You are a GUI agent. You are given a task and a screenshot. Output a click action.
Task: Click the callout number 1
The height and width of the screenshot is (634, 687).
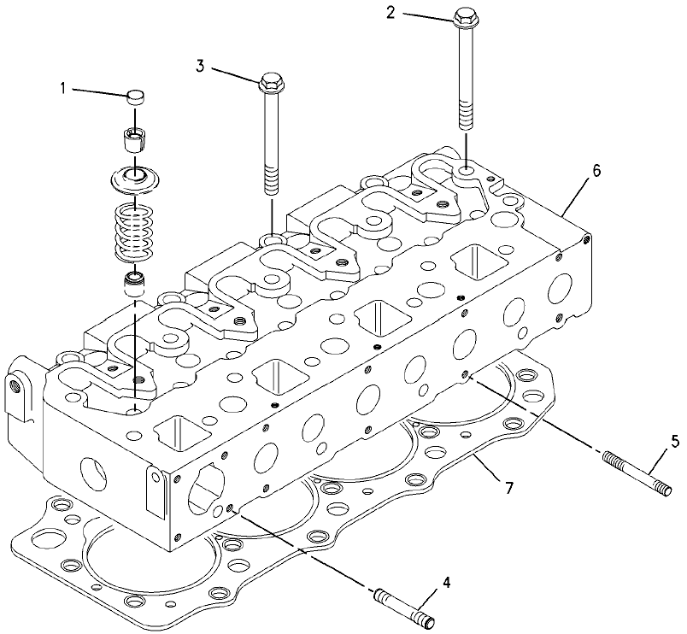(x=63, y=89)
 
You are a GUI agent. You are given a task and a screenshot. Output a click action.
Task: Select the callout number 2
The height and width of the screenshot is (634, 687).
(x=390, y=13)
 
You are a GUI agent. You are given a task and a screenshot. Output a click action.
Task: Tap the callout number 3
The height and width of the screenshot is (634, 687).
(x=200, y=67)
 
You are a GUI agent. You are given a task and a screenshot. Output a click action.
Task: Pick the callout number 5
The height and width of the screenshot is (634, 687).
(x=675, y=442)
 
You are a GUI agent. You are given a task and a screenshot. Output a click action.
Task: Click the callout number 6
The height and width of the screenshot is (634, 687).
(x=596, y=171)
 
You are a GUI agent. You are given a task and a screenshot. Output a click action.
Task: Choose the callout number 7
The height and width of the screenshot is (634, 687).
(x=508, y=488)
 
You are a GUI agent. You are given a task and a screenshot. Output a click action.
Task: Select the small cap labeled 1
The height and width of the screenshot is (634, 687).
(x=135, y=97)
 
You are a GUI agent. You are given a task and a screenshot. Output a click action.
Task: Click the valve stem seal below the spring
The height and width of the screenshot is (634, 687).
(x=135, y=284)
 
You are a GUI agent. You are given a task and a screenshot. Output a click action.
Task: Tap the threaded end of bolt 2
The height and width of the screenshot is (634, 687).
(x=466, y=114)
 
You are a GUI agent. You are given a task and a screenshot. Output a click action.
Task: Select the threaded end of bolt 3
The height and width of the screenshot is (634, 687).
(x=272, y=179)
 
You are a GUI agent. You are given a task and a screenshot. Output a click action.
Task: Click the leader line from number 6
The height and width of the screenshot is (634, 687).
(x=576, y=198)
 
